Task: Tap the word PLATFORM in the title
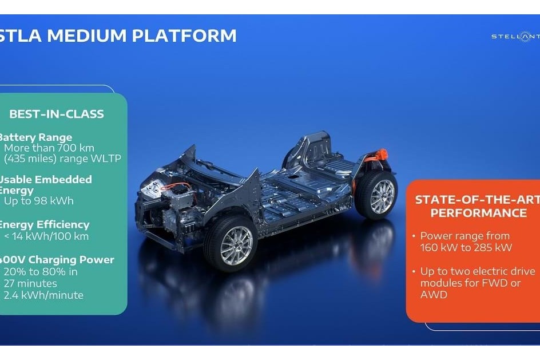click(184, 35)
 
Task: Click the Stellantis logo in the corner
click(515, 37)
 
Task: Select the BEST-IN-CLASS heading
click(57, 114)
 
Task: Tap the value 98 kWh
click(53, 201)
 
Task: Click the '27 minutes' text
click(30, 283)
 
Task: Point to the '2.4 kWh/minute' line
click(43, 295)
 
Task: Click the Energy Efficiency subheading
click(43, 224)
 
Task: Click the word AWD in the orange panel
click(433, 295)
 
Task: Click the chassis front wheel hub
click(236, 246)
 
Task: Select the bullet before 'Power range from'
click(414, 236)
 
